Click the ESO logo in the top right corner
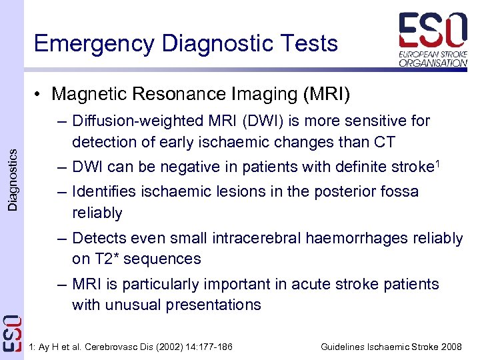pos(433,39)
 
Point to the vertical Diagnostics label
pos(13,180)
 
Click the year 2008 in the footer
pos(451,347)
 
